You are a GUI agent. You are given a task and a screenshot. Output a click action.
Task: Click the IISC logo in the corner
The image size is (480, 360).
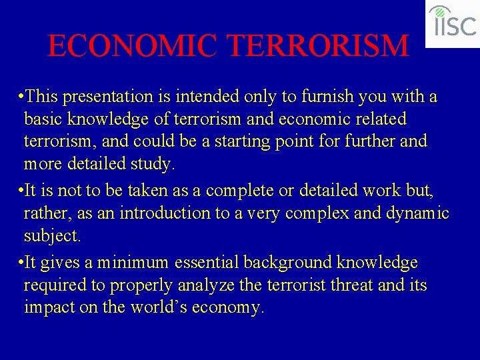453,23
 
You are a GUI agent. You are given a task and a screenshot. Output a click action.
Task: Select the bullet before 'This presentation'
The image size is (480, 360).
22,96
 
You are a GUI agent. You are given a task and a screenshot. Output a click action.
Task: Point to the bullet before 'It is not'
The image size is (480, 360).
22,191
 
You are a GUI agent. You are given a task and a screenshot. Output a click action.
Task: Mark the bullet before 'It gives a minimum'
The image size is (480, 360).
22,263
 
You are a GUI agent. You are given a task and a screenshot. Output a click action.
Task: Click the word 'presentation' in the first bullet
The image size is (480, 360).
119,97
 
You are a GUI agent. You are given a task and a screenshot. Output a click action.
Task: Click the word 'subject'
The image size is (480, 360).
51,236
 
